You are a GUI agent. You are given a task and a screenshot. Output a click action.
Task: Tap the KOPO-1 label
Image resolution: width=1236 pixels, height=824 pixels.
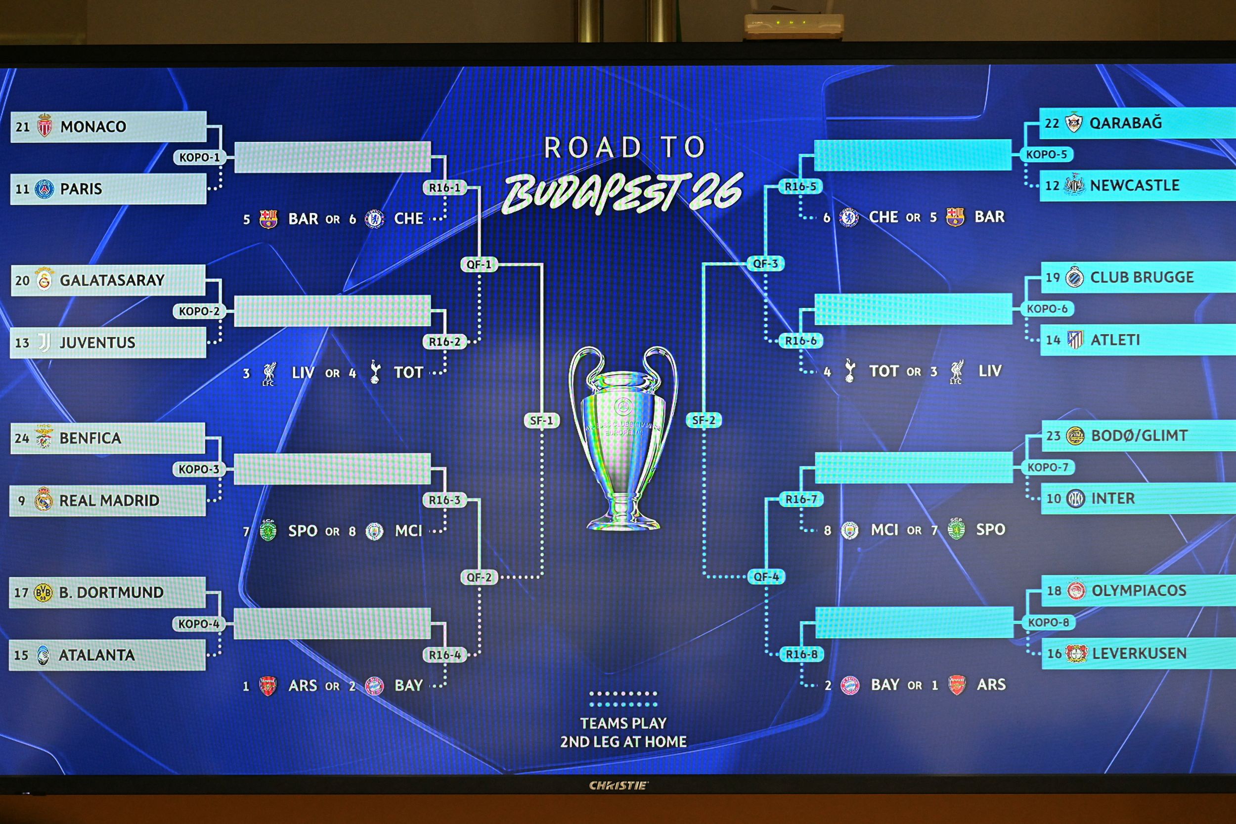tap(199, 157)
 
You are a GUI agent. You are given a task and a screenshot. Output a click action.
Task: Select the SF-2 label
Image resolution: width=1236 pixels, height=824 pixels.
tap(703, 420)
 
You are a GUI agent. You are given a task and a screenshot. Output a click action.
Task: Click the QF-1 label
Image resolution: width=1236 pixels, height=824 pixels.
tap(479, 264)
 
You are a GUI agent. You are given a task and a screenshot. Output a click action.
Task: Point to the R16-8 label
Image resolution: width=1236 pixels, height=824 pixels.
tap(801, 654)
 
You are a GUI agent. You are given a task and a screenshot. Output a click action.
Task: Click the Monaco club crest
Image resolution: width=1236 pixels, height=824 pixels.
tap(44, 126)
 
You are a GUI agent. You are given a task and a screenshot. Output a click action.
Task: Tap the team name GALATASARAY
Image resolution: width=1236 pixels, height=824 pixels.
tap(112, 280)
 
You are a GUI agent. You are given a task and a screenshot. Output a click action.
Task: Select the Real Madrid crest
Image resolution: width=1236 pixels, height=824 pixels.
tap(43, 500)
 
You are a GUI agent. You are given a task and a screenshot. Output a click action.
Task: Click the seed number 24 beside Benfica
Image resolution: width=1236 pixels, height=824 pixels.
tap(22, 438)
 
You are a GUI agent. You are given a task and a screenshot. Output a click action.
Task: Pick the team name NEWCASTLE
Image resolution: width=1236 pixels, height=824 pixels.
tap(1134, 185)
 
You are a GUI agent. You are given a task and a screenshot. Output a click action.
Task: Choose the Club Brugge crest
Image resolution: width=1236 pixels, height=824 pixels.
tap(1074, 277)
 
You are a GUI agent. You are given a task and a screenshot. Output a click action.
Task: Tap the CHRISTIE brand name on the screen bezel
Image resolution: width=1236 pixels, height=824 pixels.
tap(618, 785)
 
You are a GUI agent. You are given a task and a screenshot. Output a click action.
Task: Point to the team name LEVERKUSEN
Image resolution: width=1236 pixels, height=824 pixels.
tap(1139, 653)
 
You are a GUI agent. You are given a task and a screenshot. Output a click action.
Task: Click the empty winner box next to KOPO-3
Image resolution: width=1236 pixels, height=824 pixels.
tap(332, 469)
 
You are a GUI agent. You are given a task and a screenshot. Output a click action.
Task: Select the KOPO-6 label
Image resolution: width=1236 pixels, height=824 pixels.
tap(1047, 308)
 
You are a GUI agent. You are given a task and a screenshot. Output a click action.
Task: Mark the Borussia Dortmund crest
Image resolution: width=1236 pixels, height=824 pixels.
tap(43, 593)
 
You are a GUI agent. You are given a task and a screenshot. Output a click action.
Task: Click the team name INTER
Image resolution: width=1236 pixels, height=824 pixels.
tap(1112, 498)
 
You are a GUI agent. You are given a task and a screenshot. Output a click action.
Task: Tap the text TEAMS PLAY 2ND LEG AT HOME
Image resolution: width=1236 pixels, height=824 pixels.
tap(623, 733)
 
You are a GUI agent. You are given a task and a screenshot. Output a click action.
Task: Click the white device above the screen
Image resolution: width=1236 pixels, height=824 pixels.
tap(794, 25)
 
